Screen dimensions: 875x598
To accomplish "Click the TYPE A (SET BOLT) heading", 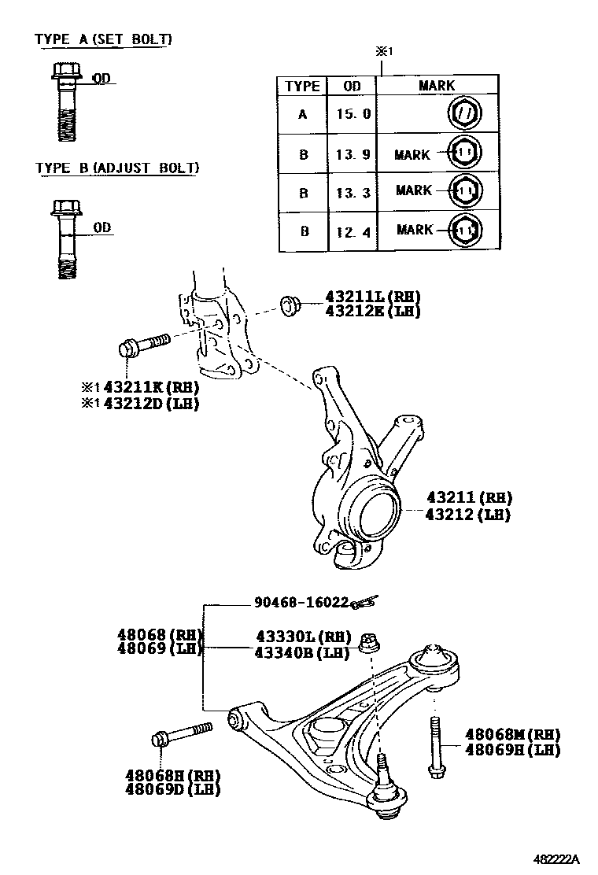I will pyautogui.click(x=103, y=39).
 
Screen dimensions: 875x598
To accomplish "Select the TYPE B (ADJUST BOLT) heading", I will pyautogui.click(x=116, y=168).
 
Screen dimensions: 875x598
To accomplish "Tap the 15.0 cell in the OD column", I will pyautogui.click(x=353, y=114).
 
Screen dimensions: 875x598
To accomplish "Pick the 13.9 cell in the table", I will pyautogui.click(x=353, y=154).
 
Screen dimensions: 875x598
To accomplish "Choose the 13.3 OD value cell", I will pyautogui.click(x=353, y=192).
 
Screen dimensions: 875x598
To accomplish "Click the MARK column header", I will pyautogui.click(x=437, y=86).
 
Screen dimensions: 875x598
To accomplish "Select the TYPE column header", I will pyautogui.click(x=302, y=86).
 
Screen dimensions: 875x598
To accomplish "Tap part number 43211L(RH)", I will pyautogui.click(x=373, y=297).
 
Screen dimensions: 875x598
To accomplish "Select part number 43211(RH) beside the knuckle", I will pyautogui.click(x=469, y=497).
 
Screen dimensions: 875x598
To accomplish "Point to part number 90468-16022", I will pyautogui.click(x=301, y=602).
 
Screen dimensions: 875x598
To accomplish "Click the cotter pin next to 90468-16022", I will pyautogui.click(x=364, y=602).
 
